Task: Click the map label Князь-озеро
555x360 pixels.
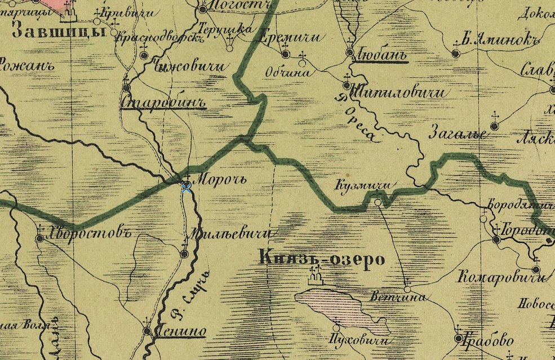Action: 322,259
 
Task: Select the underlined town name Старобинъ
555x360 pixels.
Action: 163,102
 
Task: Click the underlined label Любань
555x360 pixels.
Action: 381,56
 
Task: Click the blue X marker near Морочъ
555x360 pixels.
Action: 187,187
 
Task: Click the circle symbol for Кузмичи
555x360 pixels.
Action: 378,202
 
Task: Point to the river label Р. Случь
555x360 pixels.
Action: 192,294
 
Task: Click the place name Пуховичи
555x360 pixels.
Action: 358,341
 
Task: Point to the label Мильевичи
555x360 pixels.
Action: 231,234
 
